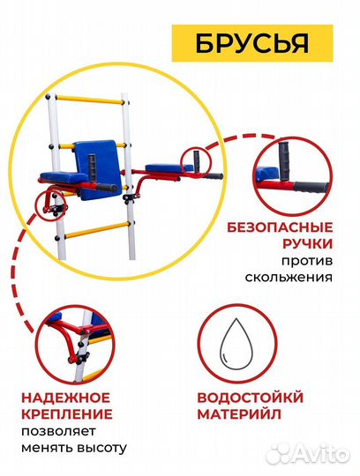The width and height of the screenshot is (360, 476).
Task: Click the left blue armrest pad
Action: tap(58, 176)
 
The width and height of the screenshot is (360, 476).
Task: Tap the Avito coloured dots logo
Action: tap(279, 452)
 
